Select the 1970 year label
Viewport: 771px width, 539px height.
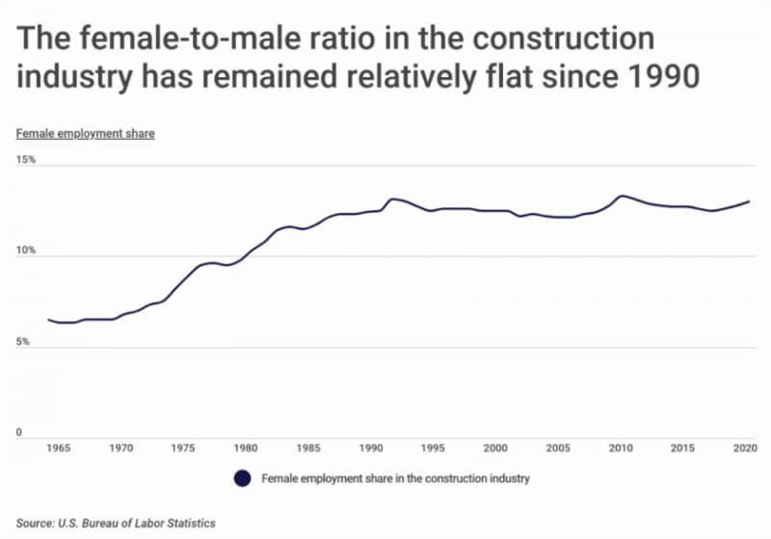(120, 448)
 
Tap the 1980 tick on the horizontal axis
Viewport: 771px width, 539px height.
(246, 448)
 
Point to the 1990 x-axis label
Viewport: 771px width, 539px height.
(371, 448)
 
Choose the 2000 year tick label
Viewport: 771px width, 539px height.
(495, 448)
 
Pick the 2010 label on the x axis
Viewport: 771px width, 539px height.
(621, 448)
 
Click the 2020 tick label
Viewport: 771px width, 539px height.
(742, 448)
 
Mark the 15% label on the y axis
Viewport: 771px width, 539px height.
(25, 160)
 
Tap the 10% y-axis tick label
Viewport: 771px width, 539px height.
(25, 251)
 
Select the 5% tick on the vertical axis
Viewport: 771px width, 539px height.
(23, 342)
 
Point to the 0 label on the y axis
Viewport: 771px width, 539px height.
(19, 433)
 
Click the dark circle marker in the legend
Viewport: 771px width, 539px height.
(242, 478)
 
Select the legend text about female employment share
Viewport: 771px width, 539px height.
(395, 478)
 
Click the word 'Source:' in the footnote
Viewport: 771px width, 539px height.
(35, 523)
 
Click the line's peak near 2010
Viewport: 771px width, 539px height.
(623, 196)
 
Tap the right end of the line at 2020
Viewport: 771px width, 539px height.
(749, 202)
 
